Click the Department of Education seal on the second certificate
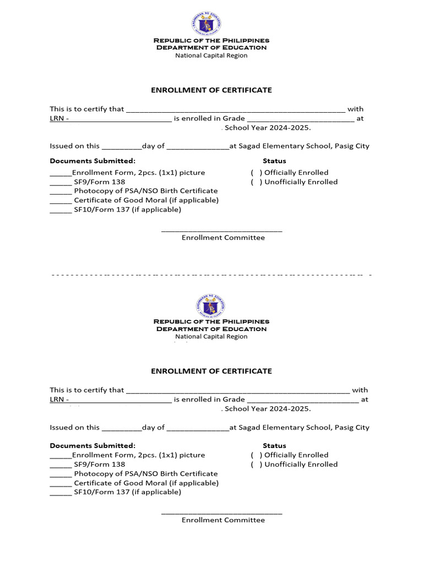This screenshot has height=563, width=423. tap(211, 305)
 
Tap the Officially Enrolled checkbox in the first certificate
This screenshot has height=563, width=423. tap(256, 173)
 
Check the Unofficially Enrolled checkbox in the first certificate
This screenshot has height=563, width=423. tap(256, 182)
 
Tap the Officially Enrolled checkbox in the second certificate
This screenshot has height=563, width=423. tap(256, 455)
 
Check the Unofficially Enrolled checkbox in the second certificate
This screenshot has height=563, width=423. tap(256, 465)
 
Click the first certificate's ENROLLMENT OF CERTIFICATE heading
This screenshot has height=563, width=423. tap(211, 90)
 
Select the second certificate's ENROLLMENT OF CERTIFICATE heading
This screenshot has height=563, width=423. tap(211, 371)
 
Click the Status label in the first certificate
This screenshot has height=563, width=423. tap(274, 161)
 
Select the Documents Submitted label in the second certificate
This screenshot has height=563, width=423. tap(93, 446)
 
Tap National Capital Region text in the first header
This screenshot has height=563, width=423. tap(211, 56)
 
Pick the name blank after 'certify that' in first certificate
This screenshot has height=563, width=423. tap(236, 109)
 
